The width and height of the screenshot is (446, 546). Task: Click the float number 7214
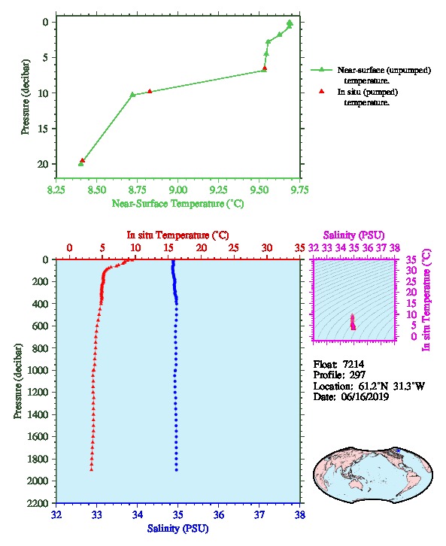(353, 364)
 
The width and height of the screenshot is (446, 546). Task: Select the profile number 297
(357, 375)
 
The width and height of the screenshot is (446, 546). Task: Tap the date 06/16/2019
(365, 396)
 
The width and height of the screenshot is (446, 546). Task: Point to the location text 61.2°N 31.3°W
(391, 386)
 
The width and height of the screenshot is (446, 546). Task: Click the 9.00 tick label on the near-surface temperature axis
(178, 190)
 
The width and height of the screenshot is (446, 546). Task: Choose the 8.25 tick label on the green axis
(56, 190)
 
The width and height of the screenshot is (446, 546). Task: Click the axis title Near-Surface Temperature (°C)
(177, 204)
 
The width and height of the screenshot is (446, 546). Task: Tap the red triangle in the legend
(321, 91)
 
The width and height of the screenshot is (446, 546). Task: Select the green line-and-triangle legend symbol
(321, 70)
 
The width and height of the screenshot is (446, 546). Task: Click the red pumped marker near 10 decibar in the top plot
(150, 91)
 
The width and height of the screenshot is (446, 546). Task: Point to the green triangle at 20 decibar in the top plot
(80, 164)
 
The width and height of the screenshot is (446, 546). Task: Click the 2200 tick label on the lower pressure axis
(38, 503)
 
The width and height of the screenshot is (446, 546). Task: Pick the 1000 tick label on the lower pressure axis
(38, 370)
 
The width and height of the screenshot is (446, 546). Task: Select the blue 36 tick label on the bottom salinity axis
(219, 514)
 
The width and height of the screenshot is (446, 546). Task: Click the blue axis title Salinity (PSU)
(177, 529)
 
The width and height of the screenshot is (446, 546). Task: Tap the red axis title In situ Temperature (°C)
(177, 235)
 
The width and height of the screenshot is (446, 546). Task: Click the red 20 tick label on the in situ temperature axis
(202, 247)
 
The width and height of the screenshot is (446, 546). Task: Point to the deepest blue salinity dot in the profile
(177, 470)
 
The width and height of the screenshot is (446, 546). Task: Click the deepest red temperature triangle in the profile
(91, 469)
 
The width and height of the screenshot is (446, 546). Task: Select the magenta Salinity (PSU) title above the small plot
(353, 235)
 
